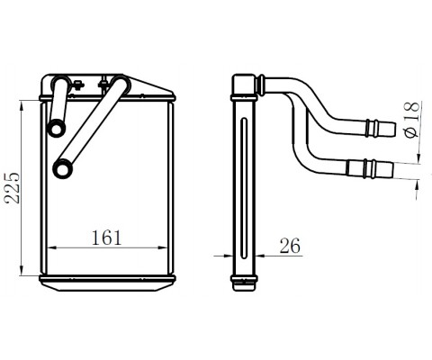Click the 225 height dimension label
click(x=13, y=188)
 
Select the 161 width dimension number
click(x=106, y=238)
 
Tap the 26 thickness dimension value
click(x=290, y=246)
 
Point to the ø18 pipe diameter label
click(x=411, y=120)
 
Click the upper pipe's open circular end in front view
click(x=57, y=129)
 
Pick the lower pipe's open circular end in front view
click(x=63, y=169)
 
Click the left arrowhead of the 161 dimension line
click(x=51, y=247)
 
